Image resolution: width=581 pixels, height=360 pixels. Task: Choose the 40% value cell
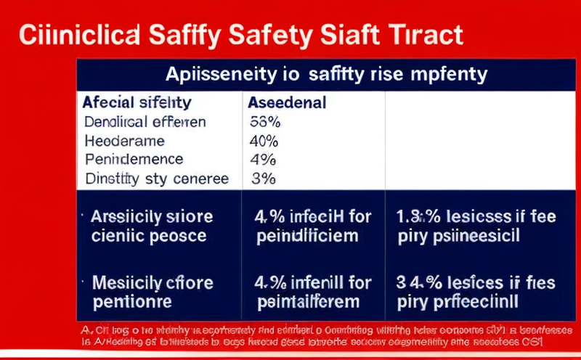click(x=264, y=141)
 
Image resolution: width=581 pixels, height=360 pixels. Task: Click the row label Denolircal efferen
click(x=145, y=122)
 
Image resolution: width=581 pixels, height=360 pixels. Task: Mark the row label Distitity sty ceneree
click(x=156, y=179)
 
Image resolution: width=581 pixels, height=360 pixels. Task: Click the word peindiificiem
click(x=308, y=235)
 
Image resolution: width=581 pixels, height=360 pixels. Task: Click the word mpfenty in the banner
click(x=451, y=74)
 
